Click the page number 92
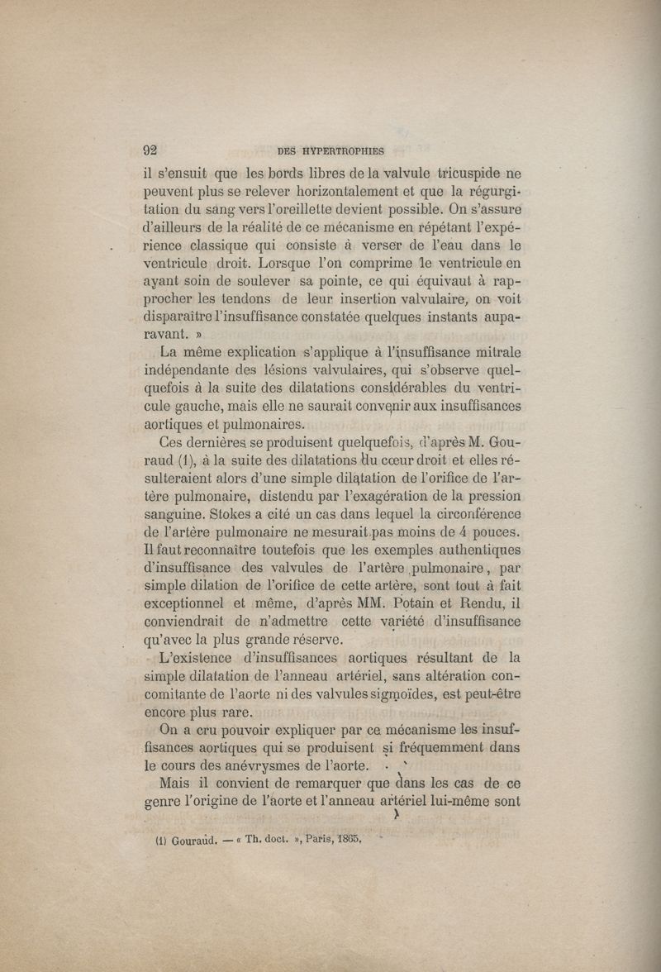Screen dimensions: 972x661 point(150,150)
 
